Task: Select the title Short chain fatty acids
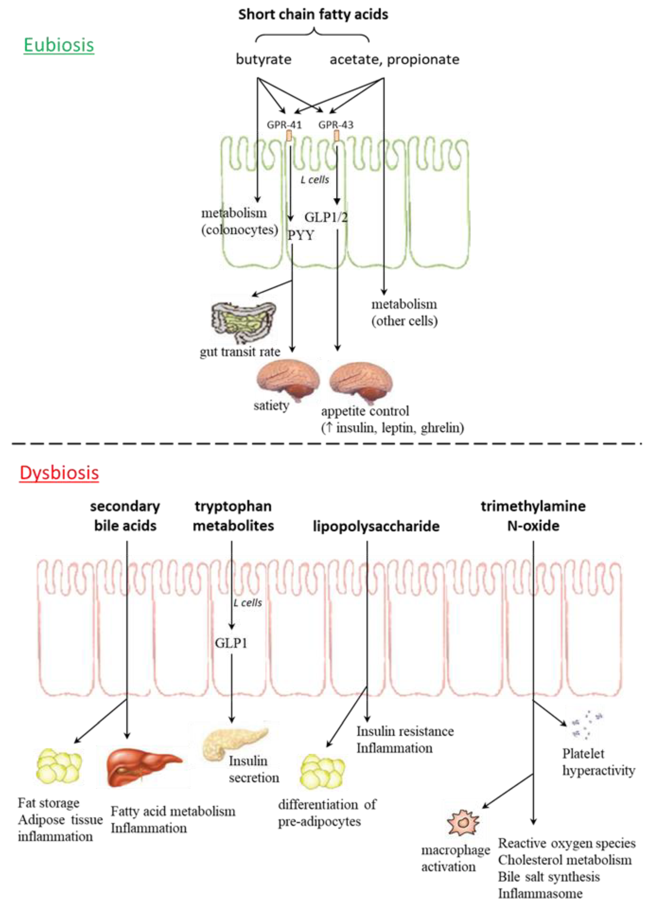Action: [313, 14]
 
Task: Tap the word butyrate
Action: [264, 60]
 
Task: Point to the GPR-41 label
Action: [284, 125]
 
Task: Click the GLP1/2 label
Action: [326, 217]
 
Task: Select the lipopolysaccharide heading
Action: [376, 526]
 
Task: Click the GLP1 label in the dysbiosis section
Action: [231, 643]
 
